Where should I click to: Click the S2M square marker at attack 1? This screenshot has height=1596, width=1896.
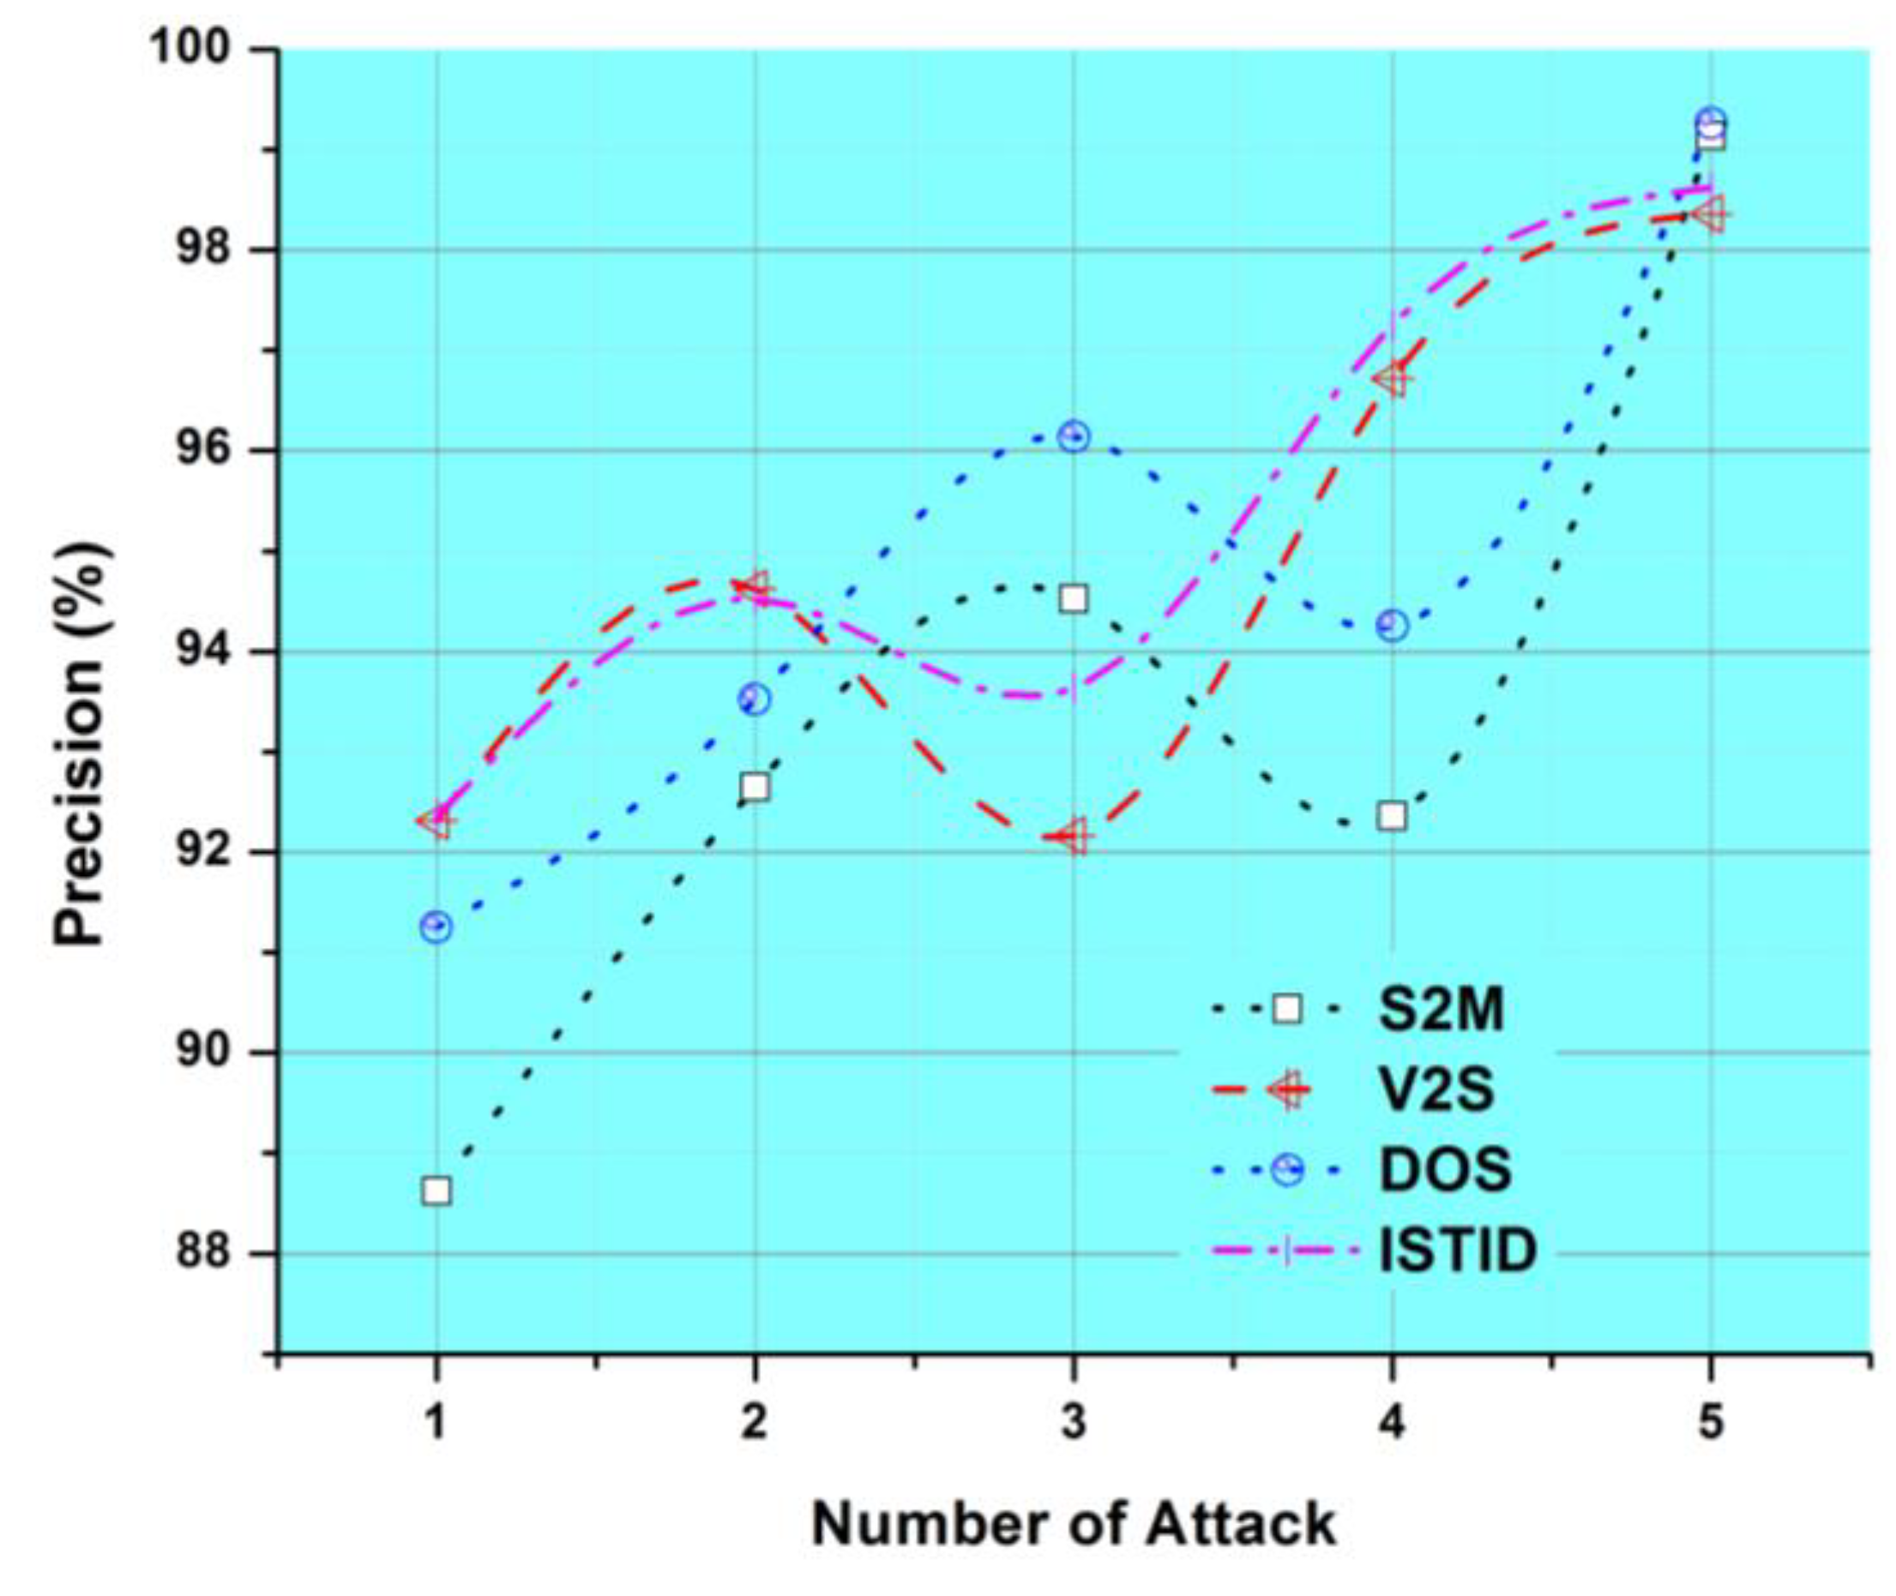click(x=436, y=1191)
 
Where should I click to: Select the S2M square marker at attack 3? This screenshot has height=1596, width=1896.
click(x=1074, y=598)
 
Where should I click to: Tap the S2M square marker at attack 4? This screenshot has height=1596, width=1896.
click(x=1392, y=816)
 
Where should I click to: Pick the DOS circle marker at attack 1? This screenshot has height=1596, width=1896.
click(x=436, y=927)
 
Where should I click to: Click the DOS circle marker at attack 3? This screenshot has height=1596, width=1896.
click(x=1074, y=437)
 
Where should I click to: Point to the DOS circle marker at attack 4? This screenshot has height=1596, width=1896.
click(x=1392, y=625)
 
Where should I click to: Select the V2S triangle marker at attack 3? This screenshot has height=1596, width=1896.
click(x=1074, y=836)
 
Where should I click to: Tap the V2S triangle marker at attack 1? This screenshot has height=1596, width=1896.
click(x=436, y=821)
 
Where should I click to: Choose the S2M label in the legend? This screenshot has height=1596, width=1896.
click(x=1441, y=1010)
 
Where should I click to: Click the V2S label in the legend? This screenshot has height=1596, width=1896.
click(x=1436, y=1089)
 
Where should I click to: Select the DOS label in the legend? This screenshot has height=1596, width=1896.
click(x=1444, y=1169)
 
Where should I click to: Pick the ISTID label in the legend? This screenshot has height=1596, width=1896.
click(x=1457, y=1251)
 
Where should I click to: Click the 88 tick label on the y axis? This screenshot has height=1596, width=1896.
click(x=215, y=1254)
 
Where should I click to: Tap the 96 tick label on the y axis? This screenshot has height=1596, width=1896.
click(x=215, y=451)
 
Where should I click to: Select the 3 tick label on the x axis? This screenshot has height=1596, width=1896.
click(x=1074, y=1424)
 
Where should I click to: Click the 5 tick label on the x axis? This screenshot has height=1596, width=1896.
click(x=1711, y=1424)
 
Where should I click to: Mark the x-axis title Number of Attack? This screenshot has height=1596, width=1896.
click(x=1074, y=1526)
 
